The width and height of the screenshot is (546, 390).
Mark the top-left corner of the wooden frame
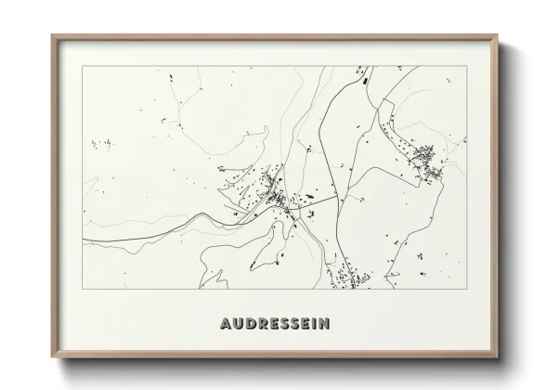[51, 35]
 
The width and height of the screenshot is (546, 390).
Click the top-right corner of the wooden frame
[497, 35]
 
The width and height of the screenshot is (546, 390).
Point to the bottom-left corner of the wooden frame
[51, 356]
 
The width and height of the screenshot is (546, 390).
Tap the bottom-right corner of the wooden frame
[497, 356]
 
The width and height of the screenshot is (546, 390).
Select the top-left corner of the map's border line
[83, 66]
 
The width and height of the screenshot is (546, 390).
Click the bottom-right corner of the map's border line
[464, 288]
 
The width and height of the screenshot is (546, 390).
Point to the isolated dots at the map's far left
[99, 143]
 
